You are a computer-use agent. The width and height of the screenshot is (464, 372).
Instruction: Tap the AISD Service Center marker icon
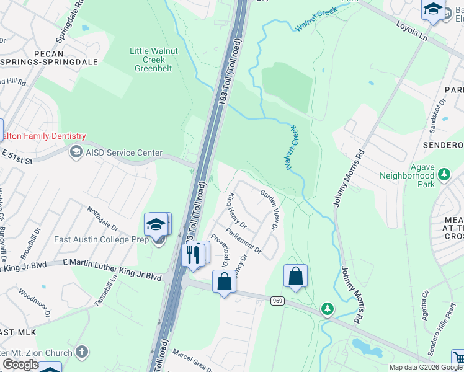[x=76, y=152]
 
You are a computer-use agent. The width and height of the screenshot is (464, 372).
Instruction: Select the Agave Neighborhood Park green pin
[x=444, y=175]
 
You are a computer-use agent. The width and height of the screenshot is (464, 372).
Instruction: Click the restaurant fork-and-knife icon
[x=192, y=254]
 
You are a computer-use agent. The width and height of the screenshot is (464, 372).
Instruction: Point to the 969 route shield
[x=277, y=300]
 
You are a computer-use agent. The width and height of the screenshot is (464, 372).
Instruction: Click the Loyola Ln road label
[x=413, y=30]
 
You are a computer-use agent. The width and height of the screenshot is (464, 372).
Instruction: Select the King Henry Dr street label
[x=237, y=211]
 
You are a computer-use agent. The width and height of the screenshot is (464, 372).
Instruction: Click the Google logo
[x=20, y=365]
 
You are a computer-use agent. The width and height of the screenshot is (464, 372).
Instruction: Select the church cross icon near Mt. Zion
[x=81, y=352]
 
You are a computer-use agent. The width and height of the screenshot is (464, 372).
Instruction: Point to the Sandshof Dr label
[x=440, y=110]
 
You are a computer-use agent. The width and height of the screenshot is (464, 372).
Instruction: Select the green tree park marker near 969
[x=327, y=308]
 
